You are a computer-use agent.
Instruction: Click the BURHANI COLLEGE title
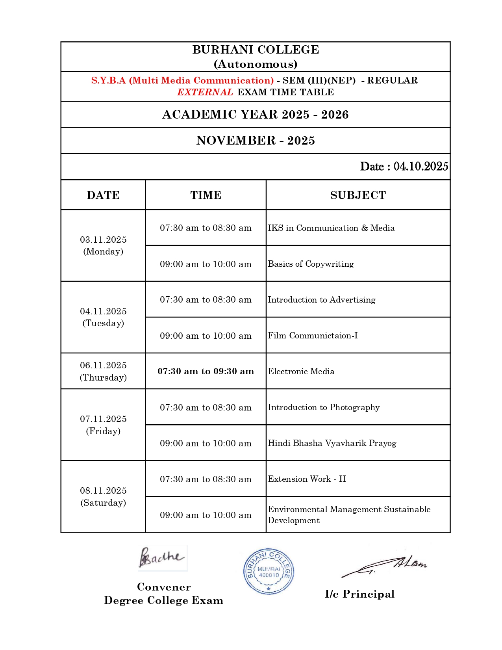click(x=256, y=50)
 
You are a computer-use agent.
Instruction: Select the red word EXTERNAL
click(x=205, y=92)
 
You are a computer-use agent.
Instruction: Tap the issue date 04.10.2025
click(x=420, y=167)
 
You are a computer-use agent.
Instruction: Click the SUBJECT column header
click(x=358, y=195)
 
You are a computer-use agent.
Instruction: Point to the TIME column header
click(x=206, y=195)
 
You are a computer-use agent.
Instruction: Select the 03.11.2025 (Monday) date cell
click(x=103, y=245)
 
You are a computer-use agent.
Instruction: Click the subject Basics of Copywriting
click(x=311, y=264)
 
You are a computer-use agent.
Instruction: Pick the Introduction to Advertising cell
click(x=322, y=300)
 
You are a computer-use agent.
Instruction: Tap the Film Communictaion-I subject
click(x=313, y=336)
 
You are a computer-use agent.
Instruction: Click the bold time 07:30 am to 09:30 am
click(x=206, y=371)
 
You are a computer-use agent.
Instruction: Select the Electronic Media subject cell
click(x=301, y=371)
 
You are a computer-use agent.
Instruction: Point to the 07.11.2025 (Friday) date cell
click(x=103, y=425)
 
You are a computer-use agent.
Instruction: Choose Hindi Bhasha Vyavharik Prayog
click(x=332, y=443)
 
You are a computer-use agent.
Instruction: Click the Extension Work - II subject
click(x=307, y=479)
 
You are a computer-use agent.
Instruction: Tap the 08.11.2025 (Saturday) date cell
click(x=103, y=496)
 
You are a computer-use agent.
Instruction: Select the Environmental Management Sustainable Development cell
click(x=349, y=514)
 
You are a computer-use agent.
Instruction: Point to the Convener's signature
click(x=162, y=558)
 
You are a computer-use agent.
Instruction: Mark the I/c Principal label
click(x=359, y=594)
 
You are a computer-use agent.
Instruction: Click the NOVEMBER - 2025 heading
click(x=256, y=141)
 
